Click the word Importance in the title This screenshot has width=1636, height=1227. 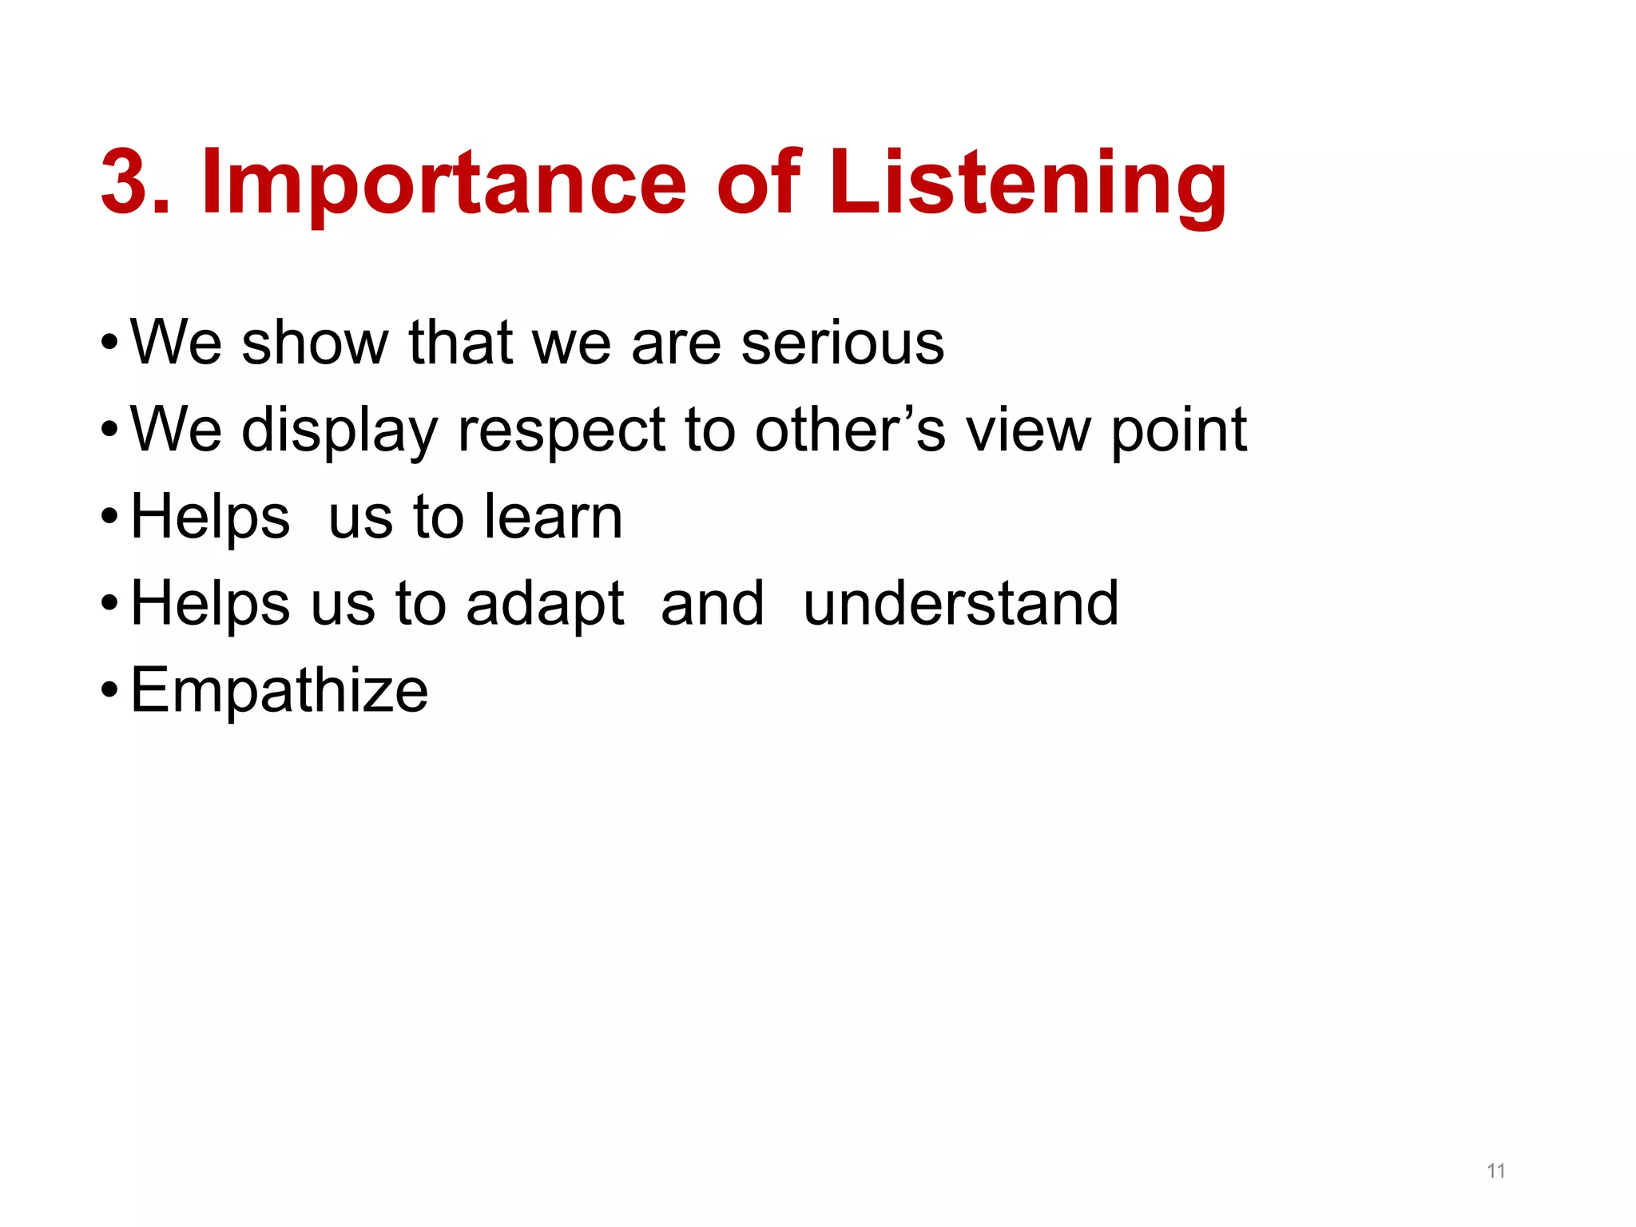443,184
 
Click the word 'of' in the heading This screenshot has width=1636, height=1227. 757,184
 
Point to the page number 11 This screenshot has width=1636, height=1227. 1495,1171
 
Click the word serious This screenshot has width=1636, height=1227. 842,343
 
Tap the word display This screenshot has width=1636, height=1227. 340,431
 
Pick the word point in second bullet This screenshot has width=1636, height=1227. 1178,431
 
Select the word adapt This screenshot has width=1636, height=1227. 545,605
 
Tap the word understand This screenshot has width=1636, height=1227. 960,604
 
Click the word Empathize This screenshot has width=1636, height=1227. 279,691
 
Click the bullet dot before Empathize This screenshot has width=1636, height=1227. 109,691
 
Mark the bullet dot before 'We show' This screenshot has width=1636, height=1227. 109,343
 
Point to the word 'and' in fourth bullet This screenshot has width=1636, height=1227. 713,604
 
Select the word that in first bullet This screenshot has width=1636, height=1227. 460,343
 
